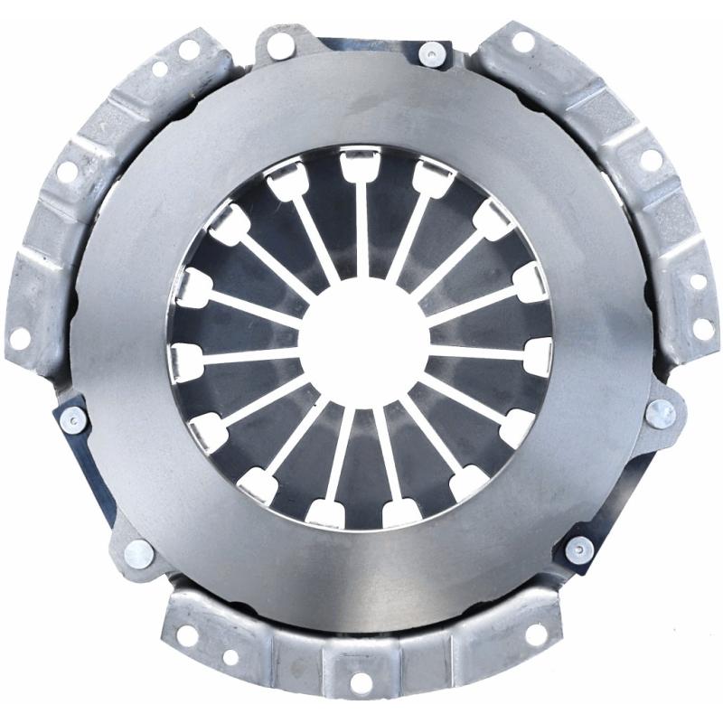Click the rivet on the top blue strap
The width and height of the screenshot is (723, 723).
(x=431, y=53)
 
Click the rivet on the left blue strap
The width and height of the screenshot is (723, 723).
(x=72, y=419)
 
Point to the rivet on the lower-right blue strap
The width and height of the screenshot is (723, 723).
(x=578, y=549)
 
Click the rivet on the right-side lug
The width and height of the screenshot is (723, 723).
(x=661, y=414)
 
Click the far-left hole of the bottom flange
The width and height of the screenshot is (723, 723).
(x=188, y=634)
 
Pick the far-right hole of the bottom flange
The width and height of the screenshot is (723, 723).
(x=536, y=634)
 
